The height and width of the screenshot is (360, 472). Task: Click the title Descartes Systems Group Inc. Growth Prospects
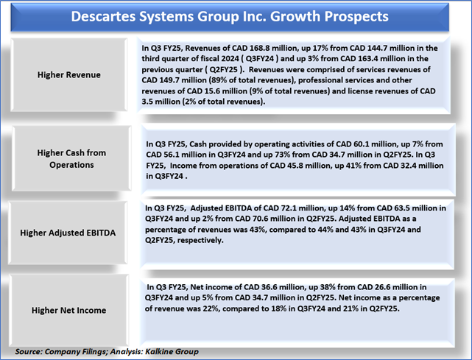click(x=230, y=16)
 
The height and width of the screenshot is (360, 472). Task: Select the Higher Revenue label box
click(x=69, y=74)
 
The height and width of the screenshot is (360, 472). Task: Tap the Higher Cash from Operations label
click(x=71, y=158)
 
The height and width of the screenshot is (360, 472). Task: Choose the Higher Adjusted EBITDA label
click(x=68, y=233)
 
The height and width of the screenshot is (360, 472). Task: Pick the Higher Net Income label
click(x=69, y=311)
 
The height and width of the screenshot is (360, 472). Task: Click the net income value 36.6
click(x=267, y=287)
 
